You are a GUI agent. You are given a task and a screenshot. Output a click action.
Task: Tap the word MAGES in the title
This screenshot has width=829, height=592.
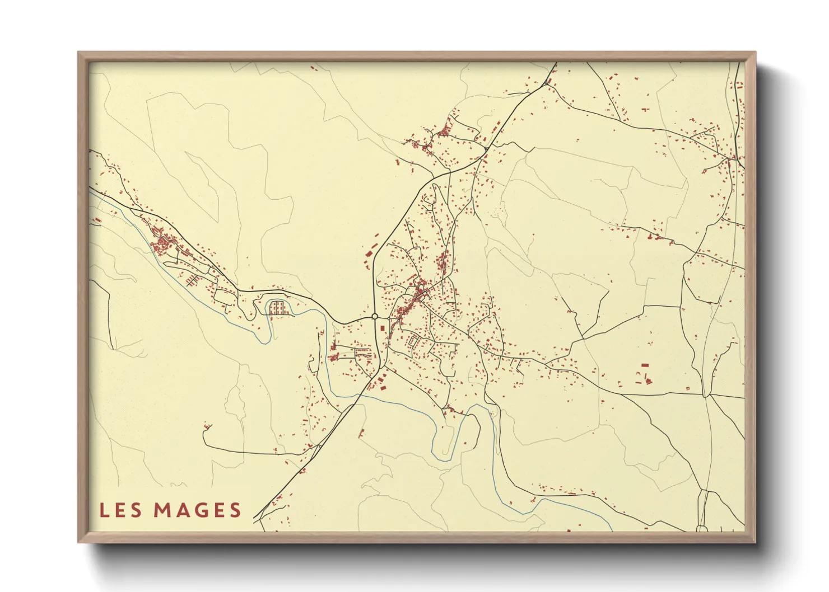pos(197,510)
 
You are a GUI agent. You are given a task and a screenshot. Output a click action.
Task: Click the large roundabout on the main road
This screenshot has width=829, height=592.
pos(374,317)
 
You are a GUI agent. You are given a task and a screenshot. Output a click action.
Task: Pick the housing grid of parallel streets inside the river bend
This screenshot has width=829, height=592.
pos(278,308)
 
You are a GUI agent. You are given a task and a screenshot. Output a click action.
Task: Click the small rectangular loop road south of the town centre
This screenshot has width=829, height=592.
pos(413,340)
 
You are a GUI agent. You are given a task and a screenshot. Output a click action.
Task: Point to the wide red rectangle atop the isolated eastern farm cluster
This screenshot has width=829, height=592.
pos(645,365)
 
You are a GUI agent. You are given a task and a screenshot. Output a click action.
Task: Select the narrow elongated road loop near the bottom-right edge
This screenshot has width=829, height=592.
pos(703,509)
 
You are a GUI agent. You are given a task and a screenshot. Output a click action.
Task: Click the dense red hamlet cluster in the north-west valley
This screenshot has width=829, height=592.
pos(163,244)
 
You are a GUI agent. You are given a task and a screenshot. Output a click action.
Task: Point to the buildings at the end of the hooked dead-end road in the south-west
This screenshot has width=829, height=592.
pos(208,427)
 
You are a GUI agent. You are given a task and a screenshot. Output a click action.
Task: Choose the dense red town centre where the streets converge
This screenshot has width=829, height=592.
pos(420,293)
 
